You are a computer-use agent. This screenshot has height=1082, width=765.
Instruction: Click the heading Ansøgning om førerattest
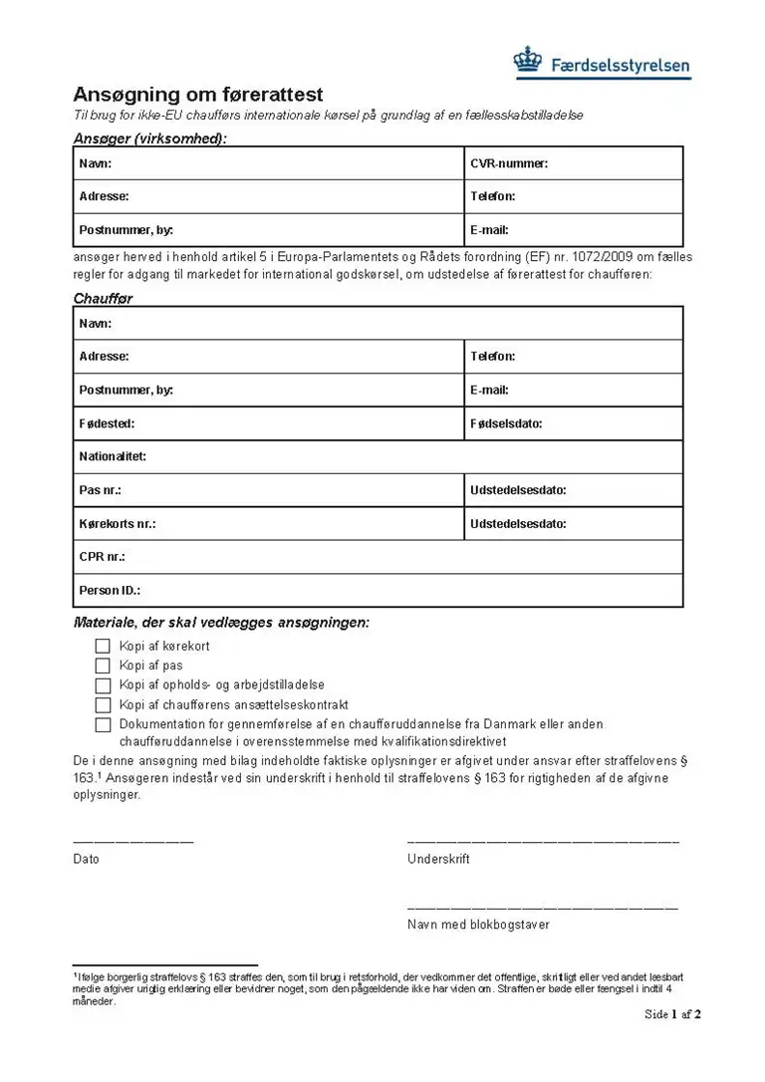198,95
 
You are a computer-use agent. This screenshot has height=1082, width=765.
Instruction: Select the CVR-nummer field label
509,163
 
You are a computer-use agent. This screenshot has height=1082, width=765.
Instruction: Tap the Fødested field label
107,423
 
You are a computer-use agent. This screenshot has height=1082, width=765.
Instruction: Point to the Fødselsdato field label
506,423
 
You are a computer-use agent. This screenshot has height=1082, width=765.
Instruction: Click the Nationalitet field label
113,456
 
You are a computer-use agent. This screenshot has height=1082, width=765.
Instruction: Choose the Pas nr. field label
100,490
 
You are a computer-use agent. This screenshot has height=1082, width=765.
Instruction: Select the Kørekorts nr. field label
118,523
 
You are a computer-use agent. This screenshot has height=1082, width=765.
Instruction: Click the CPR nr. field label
102,557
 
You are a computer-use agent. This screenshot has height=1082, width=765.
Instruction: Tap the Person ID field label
110,590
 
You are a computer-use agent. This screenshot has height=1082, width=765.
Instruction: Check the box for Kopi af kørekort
103,647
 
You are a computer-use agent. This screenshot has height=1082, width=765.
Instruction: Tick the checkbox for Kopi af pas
103,666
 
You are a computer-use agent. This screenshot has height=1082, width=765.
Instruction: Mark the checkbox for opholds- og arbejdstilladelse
103,685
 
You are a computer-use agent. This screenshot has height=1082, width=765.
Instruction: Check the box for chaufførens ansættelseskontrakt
103,705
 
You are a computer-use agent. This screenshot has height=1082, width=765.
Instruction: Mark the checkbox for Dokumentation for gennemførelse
103,725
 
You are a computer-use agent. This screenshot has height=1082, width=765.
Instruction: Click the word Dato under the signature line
87,859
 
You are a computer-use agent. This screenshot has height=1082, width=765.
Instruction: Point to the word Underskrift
438,859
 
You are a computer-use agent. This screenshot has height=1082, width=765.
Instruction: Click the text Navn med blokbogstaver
478,925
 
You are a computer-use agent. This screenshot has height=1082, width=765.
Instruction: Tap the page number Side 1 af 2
672,1014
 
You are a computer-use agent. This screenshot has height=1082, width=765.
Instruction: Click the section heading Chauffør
103,298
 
